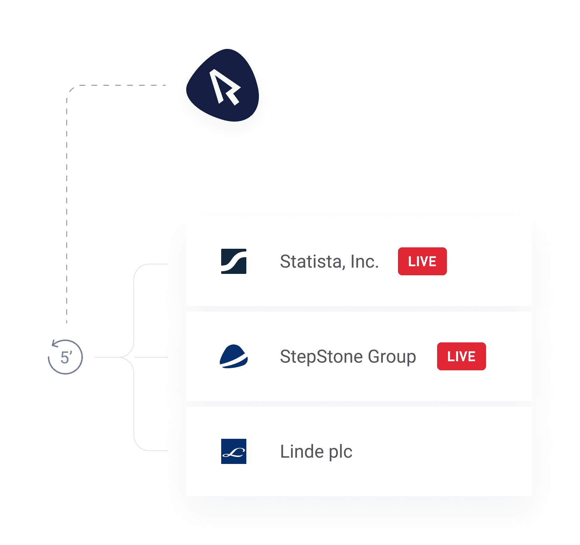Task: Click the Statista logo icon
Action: tap(234, 261)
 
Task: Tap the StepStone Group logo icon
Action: tap(234, 356)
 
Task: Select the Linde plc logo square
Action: tap(234, 451)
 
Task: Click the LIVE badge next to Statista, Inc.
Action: tap(422, 261)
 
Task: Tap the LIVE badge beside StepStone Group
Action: tap(461, 356)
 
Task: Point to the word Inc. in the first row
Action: tap(364, 261)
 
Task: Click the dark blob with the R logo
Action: tap(224, 86)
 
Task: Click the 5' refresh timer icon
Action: tap(65, 357)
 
